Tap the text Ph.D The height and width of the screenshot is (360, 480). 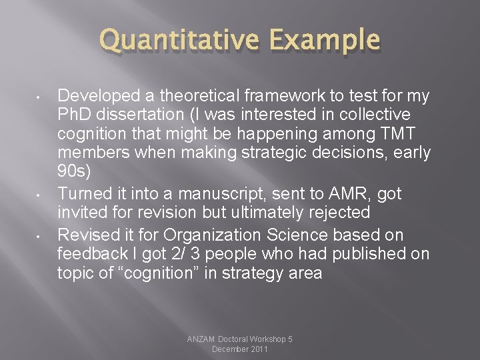click(77, 114)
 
